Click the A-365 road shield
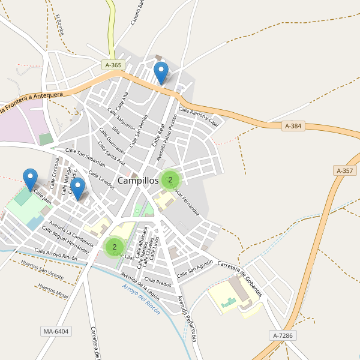coord(112,65)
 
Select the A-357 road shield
coord(345,171)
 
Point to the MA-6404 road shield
coord(56,331)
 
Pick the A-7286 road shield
coord(282,335)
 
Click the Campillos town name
coord(138,180)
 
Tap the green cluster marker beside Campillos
coord(170,179)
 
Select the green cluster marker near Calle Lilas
coord(114,246)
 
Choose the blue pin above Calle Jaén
coord(30,179)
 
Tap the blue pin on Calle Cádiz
coord(78,188)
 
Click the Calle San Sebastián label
coord(85,157)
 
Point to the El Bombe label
coord(59,25)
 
